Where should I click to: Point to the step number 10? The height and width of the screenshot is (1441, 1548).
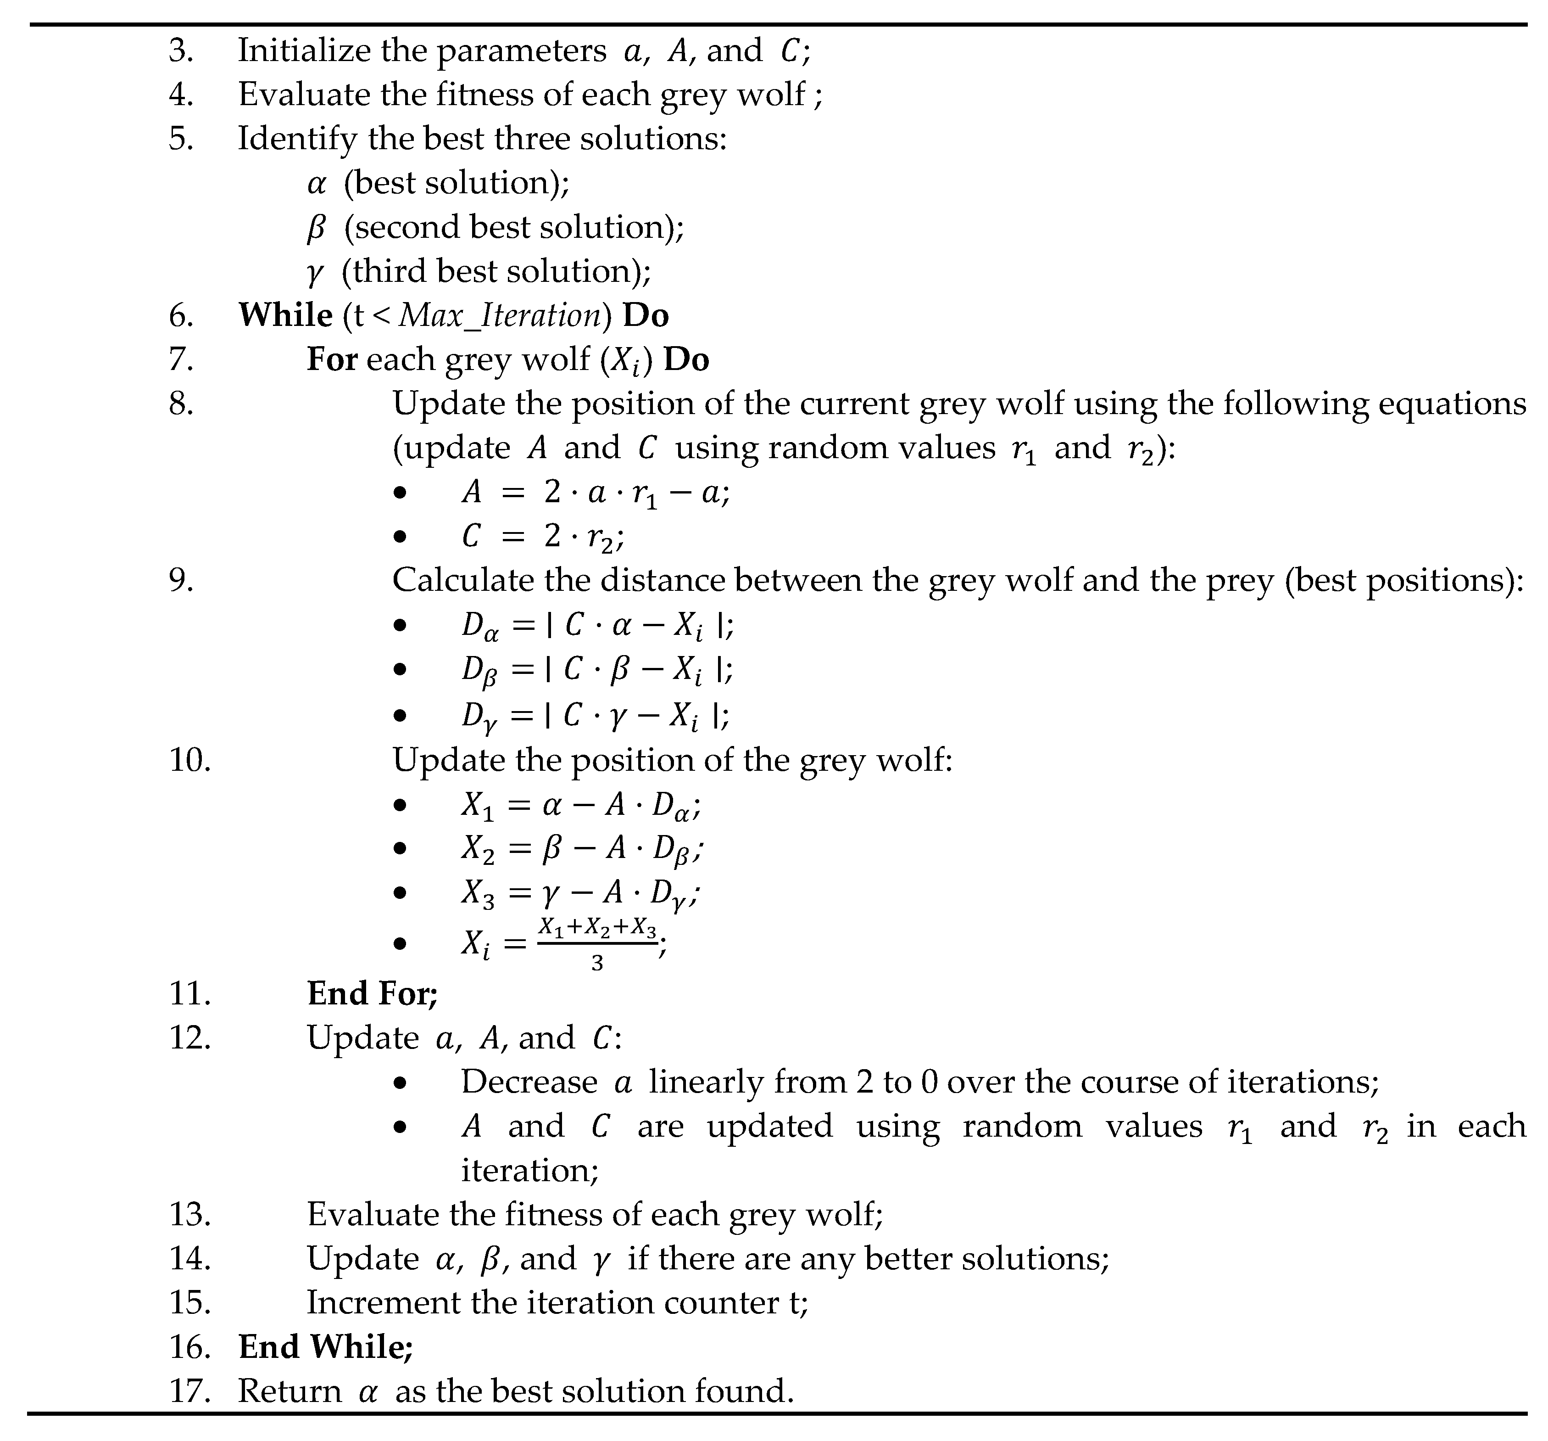(x=189, y=759)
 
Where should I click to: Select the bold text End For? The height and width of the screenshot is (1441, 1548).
(x=372, y=993)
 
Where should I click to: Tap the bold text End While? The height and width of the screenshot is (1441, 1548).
(x=325, y=1347)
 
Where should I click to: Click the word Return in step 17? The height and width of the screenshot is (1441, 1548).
(x=290, y=1391)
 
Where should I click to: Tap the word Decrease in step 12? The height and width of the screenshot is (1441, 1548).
(x=529, y=1082)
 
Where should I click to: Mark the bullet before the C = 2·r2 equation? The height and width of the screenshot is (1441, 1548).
(x=400, y=537)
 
